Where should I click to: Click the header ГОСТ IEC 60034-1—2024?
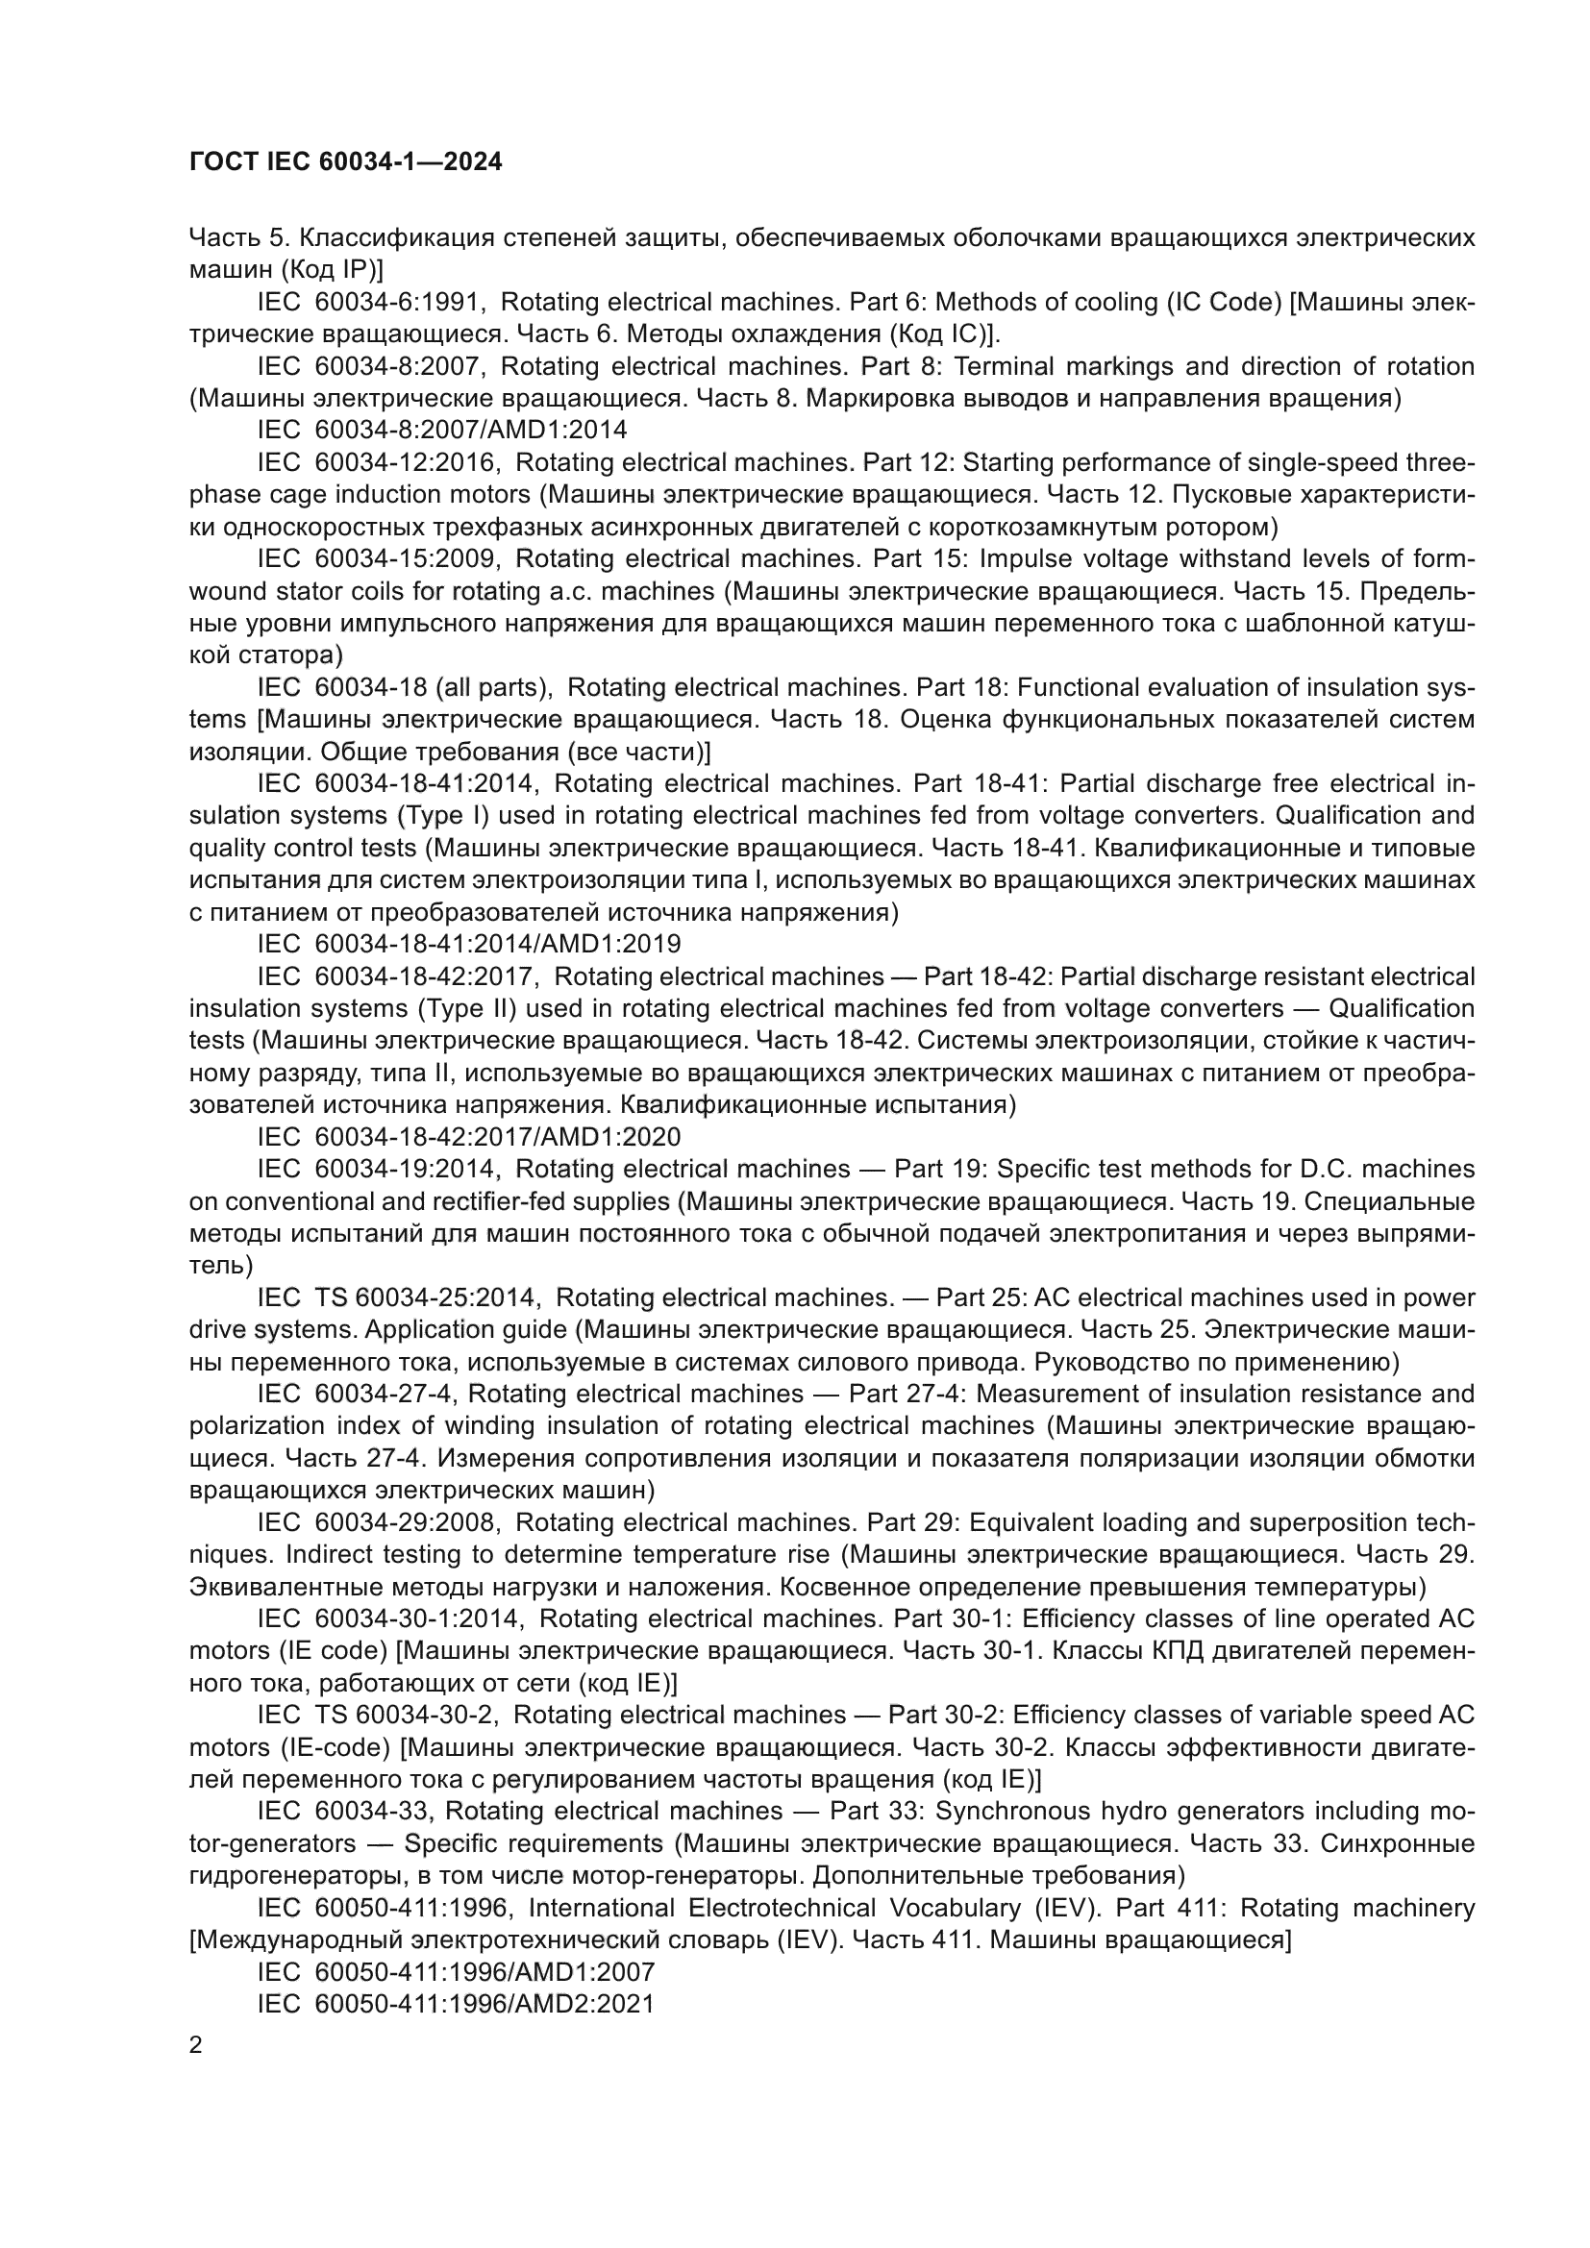click(346, 161)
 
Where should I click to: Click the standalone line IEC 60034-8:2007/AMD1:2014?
click(441, 430)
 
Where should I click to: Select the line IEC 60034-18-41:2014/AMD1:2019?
click(469, 944)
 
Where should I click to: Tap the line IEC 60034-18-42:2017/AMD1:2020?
click(469, 1137)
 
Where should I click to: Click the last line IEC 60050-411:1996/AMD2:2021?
click(456, 2003)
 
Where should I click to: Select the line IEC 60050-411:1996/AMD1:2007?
click(456, 1971)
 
